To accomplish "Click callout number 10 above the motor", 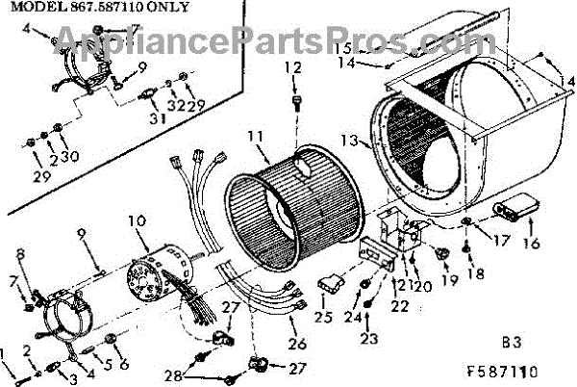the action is point(137,222).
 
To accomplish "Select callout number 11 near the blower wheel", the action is point(254,138).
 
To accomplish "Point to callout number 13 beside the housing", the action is point(352,141).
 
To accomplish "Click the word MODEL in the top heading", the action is point(28,7).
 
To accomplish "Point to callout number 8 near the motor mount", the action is point(20,253).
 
